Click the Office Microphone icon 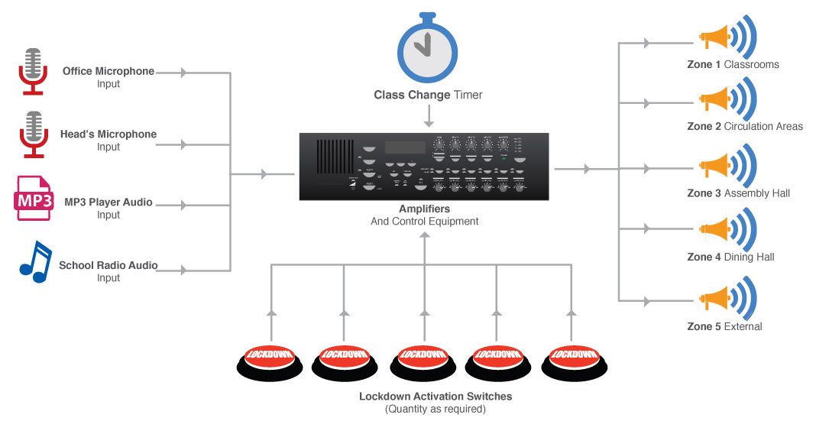pos(32,71)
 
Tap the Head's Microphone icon pos(32,134)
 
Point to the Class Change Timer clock pos(428,47)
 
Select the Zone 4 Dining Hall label pos(730,257)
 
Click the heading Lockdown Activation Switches pos(436,397)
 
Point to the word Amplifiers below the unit pos(424,209)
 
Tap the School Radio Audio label pos(108,266)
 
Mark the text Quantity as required pos(436,409)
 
